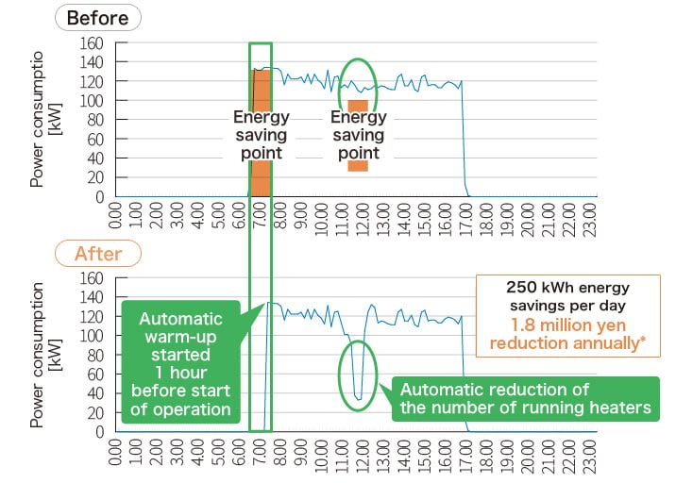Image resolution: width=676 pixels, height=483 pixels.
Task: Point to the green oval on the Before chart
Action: (358, 88)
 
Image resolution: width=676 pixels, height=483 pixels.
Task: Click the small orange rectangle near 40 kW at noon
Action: (357, 166)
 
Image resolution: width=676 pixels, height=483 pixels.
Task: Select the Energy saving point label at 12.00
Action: (358, 135)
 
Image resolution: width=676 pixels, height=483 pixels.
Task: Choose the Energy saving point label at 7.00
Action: (261, 135)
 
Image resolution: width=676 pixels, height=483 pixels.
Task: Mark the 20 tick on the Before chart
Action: (94, 177)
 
